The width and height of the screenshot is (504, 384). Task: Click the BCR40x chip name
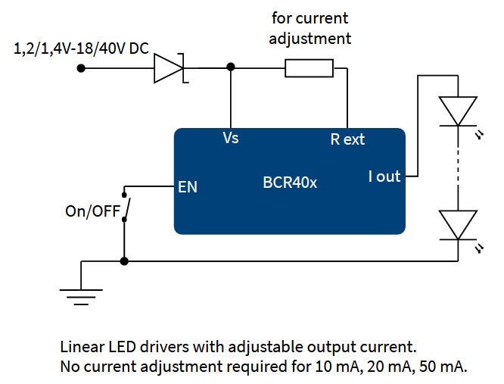(289, 183)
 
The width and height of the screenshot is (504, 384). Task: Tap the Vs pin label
(231, 139)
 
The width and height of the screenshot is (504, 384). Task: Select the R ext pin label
(347, 139)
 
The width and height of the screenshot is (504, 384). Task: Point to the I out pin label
(384, 176)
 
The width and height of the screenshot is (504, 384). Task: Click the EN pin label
(187, 186)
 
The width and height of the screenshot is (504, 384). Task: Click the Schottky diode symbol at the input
(170, 68)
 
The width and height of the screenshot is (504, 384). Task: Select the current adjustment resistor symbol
(309, 68)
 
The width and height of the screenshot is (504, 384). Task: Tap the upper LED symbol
(459, 111)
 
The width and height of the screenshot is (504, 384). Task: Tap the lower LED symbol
(459, 224)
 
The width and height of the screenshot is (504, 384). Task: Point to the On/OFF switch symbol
(126, 208)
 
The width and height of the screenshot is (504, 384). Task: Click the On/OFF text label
(92, 212)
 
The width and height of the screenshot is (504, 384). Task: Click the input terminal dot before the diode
(81, 68)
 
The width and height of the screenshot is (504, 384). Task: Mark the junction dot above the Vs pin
(231, 68)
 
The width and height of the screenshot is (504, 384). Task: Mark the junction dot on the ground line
(125, 261)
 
